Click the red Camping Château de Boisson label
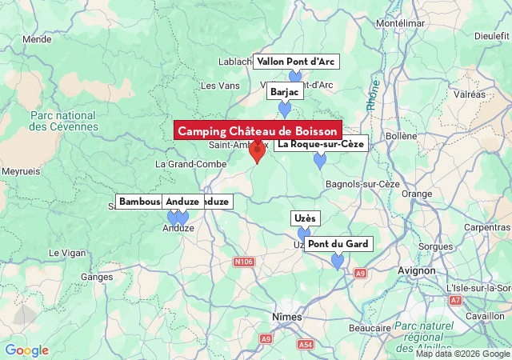(258, 130)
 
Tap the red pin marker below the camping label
(257, 150)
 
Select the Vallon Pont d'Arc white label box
(295, 62)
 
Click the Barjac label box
(284, 92)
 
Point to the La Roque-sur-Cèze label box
(321, 144)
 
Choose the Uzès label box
(305, 218)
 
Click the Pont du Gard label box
(338, 243)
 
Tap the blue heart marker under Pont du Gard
(338, 261)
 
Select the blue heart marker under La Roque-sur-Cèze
(320, 161)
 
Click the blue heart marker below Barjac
(285, 110)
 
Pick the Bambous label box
(138, 202)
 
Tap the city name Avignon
(417, 270)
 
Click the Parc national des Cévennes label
(64, 121)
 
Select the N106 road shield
(244, 262)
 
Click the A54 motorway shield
(306, 344)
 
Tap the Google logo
(26, 350)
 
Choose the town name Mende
(37, 38)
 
